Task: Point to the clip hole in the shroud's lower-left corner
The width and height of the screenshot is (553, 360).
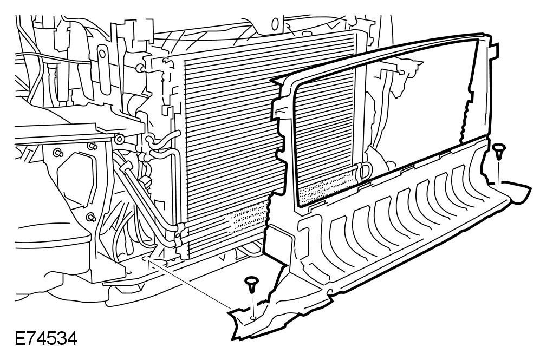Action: tap(252, 317)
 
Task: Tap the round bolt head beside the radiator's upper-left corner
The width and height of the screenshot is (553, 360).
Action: tap(139, 69)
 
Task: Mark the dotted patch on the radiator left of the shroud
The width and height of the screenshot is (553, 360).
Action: tap(246, 219)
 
